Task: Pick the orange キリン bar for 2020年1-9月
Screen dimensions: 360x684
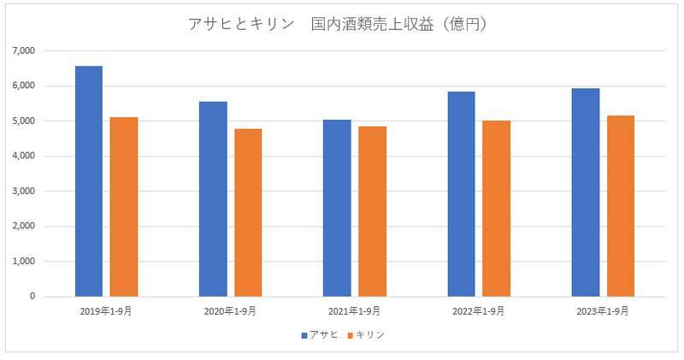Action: [x=248, y=213]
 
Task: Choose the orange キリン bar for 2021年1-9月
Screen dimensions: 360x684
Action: [x=372, y=211]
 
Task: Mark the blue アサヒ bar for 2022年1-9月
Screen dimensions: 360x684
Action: [x=461, y=194]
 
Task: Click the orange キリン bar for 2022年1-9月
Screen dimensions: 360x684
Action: [x=496, y=209]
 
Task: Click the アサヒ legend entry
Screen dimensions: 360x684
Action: [x=321, y=334]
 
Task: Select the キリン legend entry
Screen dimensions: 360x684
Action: [x=366, y=334]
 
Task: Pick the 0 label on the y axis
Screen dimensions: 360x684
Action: [x=32, y=297]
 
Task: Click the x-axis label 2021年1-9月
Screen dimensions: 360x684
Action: [x=354, y=311]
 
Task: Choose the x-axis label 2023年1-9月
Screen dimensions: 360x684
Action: [x=603, y=311]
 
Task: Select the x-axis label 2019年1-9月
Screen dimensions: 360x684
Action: [x=106, y=311]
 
